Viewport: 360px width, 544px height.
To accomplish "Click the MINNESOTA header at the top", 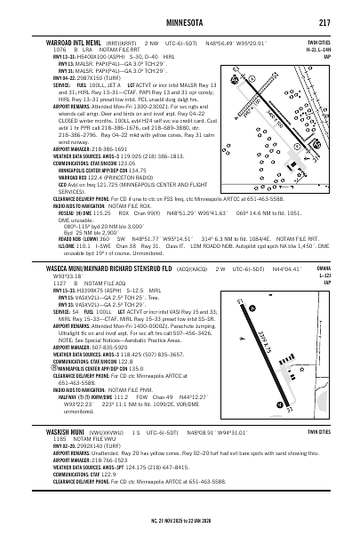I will [x=180, y=21].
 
